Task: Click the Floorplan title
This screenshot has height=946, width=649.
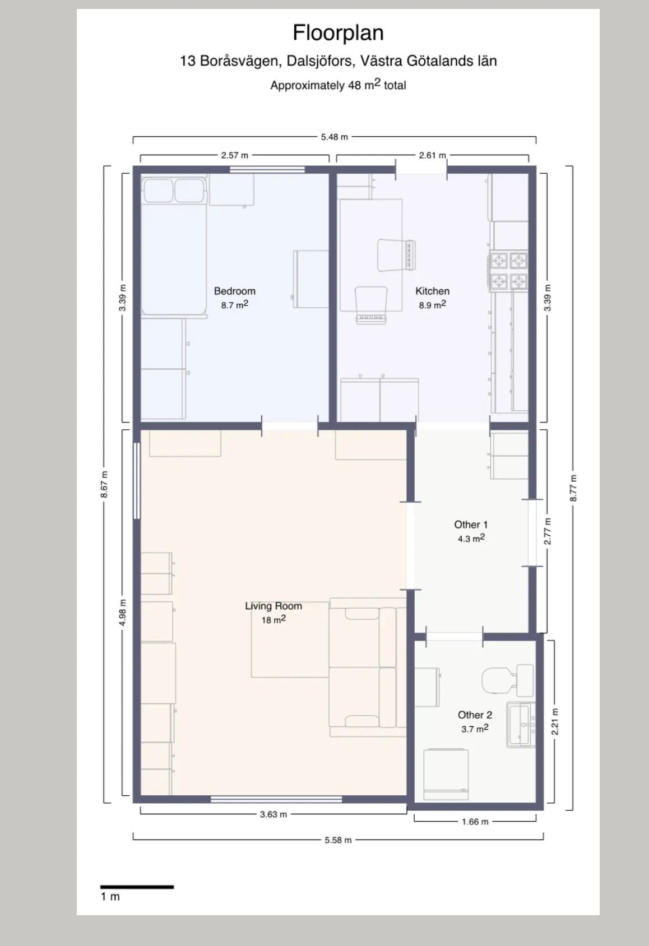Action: (x=338, y=33)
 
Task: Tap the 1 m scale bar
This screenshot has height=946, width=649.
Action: (x=137, y=887)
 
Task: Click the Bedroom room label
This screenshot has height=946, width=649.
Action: (x=234, y=291)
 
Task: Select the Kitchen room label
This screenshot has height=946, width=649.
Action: (x=432, y=291)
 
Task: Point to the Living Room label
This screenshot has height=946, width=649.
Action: (x=273, y=606)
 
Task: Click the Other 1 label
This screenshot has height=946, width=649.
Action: (x=471, y=525)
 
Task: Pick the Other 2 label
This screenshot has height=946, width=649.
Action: (x=475, y=715)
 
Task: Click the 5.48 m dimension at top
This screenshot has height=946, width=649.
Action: (x=334, y=137)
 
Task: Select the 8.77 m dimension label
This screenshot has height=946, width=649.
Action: (x=573, y=488)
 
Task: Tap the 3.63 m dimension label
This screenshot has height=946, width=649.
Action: (x=273, y=814)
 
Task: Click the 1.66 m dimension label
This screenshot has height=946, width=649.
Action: (x=475, y=822)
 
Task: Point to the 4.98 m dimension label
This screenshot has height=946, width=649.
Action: (x=122, y=612)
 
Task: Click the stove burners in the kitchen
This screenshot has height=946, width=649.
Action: (x=509, y=271)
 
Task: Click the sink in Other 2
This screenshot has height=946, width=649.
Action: (x=520, y=725)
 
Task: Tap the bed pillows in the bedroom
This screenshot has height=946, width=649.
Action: (x=173, y=190)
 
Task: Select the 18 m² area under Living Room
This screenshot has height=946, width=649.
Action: (x=273, y=620)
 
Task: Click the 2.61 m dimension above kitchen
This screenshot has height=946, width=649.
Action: (x=432, y=155)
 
